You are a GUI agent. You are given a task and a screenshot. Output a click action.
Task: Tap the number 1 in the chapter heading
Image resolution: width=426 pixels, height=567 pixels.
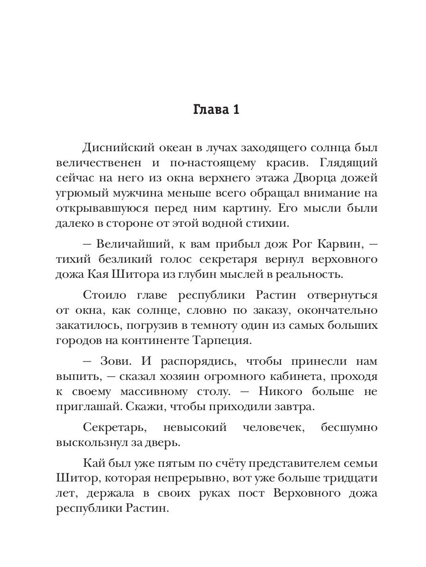pyautogui.click(x=235, y=110)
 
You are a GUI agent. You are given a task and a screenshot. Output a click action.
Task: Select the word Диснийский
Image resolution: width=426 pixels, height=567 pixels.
pyautogui.click(x=120, y=148)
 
